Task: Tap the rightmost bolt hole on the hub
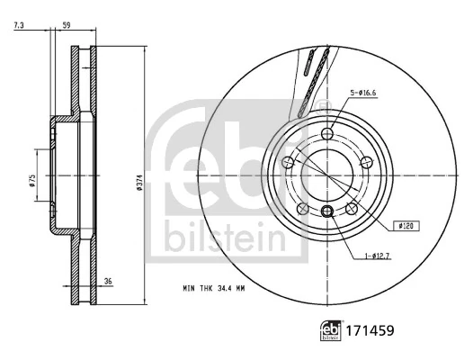click(x=369, y=162)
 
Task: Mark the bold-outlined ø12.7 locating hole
click(x=327, y=211)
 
